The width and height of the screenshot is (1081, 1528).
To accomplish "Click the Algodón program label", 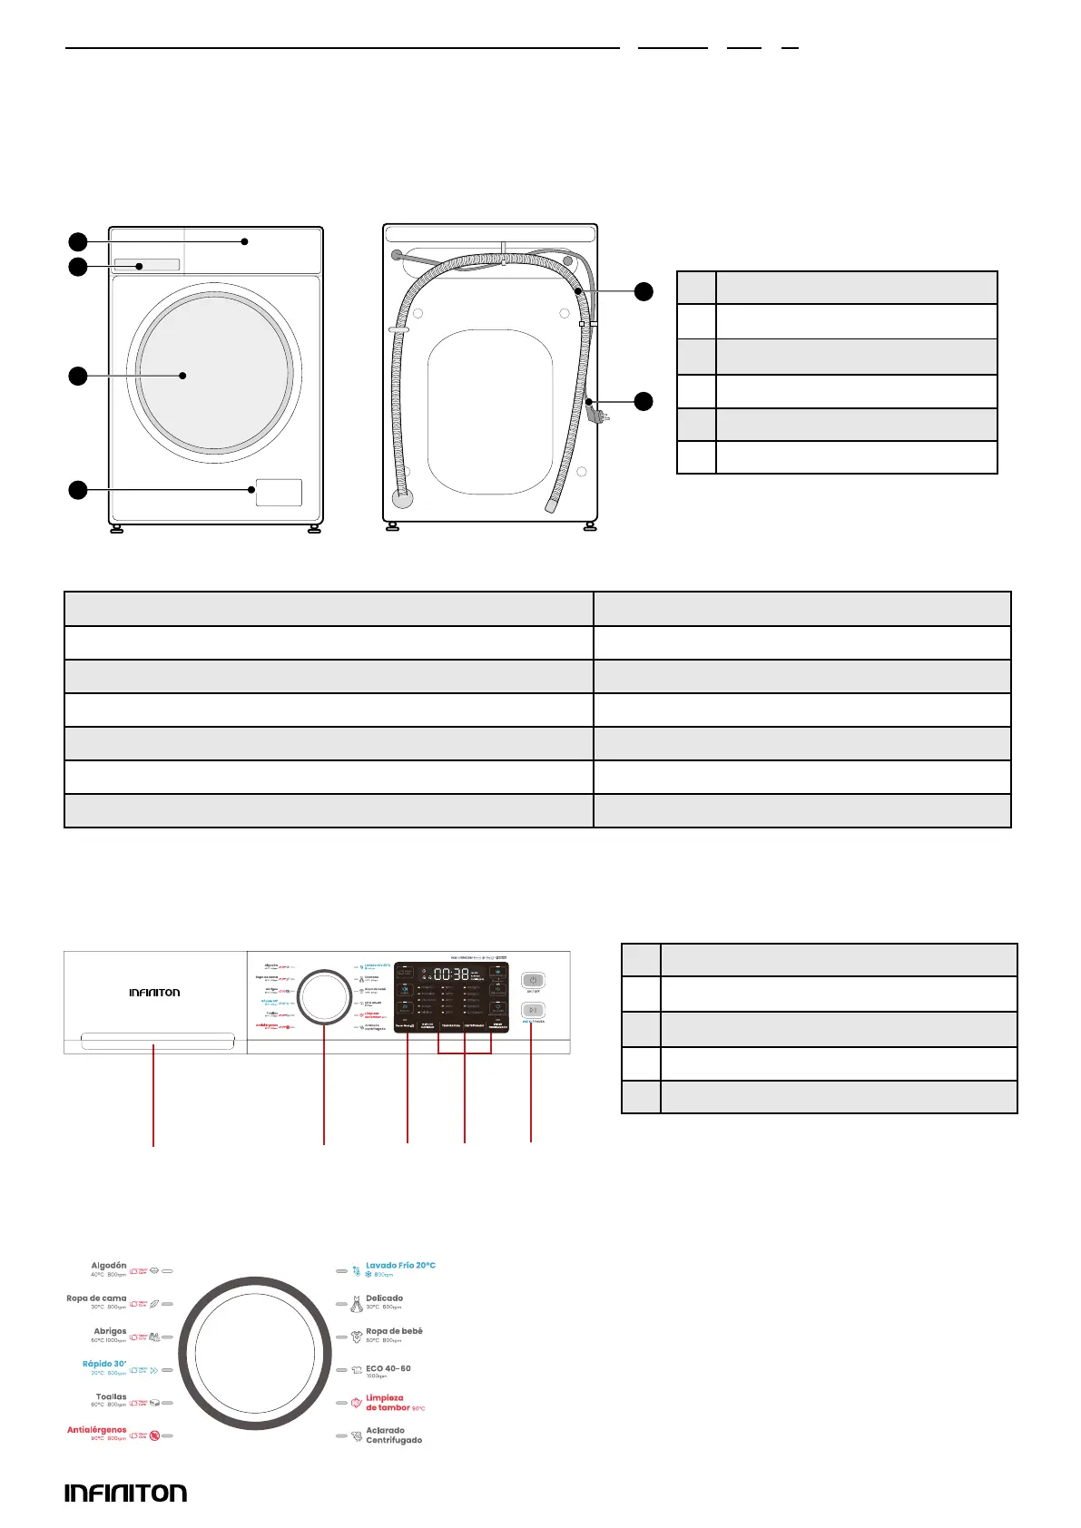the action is pyautogui.click(x=108, y=1266).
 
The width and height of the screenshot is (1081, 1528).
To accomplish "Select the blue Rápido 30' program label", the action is pyautogui.click(x=103, y=1364).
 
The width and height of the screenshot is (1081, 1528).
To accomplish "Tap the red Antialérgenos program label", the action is pyautogui.click(x=96, y=1430).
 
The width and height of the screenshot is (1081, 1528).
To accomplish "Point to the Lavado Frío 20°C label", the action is pyautogui.click(x=400, y=1266).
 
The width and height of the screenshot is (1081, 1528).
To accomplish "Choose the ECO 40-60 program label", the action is pyautogui.click(x=388, y=1368).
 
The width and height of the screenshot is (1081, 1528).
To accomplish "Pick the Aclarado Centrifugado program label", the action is pyautogui.click(x=393, y=1435).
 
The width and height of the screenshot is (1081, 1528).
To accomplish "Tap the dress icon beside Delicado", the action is pyautogui.click(x=357, y=1304).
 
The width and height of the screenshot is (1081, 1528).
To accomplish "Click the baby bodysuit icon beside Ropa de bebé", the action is pyautogui.click(x=357, y=1337).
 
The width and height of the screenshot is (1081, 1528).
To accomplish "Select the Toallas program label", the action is pyautogui.click(x=111, y=1397).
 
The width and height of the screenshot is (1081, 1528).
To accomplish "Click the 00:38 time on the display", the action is pyautogui.click(x=451, y=975).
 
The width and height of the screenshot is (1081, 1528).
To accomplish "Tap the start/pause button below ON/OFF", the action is pyautogui.click(x=533, y=1010).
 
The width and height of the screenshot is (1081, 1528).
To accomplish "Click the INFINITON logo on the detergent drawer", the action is pyautogui.click(x=154, y=993).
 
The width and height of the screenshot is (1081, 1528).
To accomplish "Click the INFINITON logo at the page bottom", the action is pyautogui.click(x=125, y=1494).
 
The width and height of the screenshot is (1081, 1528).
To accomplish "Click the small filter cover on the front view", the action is pyautogui.click(x=279, y=493).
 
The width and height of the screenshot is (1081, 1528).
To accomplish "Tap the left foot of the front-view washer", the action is pyautogui.click(x=116, y=529).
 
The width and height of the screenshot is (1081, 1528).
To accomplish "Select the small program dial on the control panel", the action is pyautogui.click(x=324, y=998).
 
